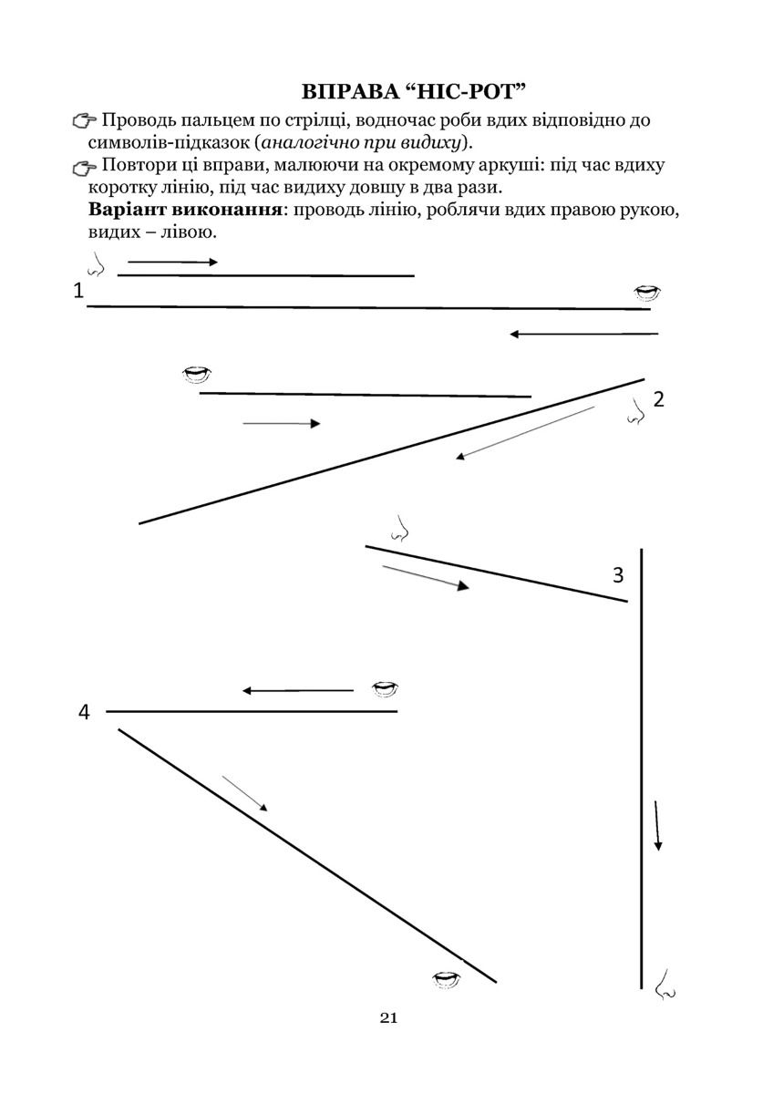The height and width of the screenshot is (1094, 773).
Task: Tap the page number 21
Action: [387, 1018]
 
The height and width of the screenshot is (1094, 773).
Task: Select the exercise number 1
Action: [78, 291]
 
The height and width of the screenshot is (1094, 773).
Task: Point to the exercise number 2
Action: [658, 398]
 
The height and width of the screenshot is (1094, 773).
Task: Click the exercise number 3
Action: [618, 575]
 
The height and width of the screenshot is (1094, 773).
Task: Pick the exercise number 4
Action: [84, 712]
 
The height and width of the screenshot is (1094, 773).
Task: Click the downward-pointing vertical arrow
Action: [657, 825]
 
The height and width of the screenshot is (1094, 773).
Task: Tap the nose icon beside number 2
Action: [635, 414]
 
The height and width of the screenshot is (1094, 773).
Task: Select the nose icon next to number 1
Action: [95, 265]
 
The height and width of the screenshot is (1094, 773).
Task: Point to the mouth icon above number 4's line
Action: [385, 688]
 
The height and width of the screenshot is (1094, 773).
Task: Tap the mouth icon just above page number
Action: [446, 979]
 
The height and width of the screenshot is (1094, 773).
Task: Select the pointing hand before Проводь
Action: [84, 121]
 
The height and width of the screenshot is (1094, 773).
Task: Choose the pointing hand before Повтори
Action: [84, 166]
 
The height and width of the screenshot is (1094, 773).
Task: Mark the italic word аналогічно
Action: [314, 142]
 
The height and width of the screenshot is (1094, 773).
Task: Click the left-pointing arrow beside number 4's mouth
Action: [297, 691]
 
